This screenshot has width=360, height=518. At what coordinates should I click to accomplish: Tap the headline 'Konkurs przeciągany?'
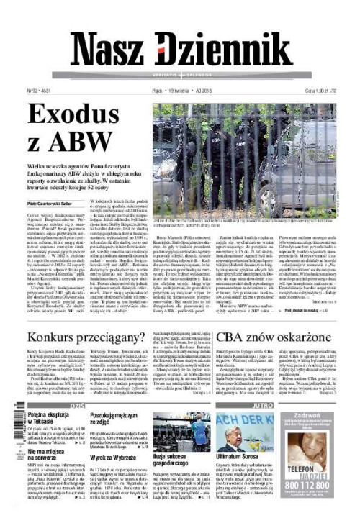tap(96, 337)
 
